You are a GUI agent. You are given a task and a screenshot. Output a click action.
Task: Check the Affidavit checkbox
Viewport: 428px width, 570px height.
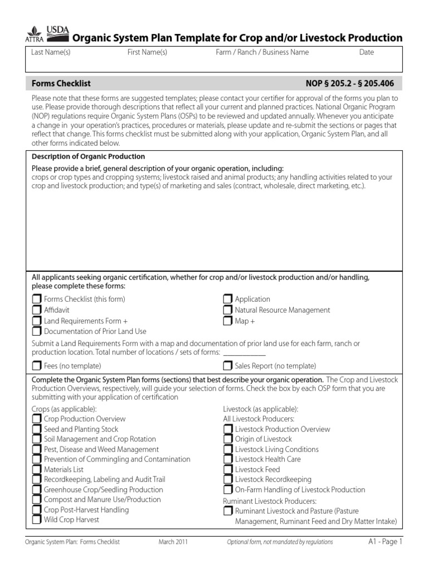click(37, 310)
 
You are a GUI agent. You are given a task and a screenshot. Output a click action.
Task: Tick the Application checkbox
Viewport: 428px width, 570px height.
click(228, 299)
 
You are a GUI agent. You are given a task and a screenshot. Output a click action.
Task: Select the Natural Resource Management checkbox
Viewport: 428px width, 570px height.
click(228, 310)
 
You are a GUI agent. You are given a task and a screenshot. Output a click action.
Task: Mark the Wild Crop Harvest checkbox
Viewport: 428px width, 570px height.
click(37, 520)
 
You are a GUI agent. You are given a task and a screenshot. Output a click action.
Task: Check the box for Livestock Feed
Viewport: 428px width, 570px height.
click(228, 469)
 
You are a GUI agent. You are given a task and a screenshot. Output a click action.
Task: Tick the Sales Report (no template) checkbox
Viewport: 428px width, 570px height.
click(228, 366)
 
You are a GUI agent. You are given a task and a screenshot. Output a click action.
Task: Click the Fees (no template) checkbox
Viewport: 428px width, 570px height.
click(37, 366)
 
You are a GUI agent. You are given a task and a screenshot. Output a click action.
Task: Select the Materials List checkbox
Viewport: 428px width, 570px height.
click(37, 469)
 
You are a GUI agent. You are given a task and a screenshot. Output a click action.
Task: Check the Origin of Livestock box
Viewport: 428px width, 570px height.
click(228, 439)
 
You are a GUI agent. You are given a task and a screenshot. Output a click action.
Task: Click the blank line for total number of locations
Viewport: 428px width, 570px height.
click(244, 354)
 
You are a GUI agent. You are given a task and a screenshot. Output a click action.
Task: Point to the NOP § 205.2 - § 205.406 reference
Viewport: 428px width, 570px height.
click(349, 83)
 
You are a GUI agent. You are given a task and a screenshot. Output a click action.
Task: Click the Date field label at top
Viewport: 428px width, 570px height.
click(367, 52)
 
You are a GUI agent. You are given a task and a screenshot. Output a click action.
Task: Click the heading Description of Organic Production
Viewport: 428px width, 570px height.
click(88, 156)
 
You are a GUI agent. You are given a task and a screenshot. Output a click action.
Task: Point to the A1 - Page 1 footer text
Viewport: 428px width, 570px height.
click(385, 541)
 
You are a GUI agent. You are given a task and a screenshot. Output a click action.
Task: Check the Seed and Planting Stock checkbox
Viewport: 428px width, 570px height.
click(37, 429)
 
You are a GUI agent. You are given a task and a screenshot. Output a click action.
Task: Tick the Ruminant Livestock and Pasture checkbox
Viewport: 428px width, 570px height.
click(228, 511)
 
